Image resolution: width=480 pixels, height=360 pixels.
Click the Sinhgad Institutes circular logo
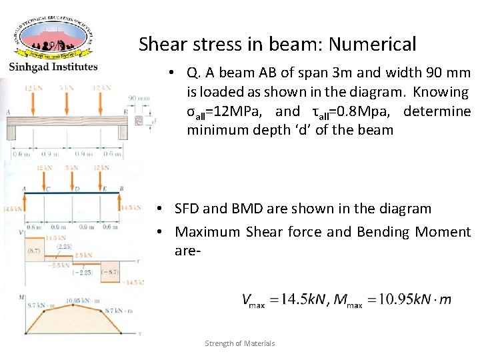point(53,37)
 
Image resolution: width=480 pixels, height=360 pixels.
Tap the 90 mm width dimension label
point(139,98)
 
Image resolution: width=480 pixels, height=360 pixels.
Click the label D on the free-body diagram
point(76,189)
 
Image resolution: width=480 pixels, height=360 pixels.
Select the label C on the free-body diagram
point(47,189)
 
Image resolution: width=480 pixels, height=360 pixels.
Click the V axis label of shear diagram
point(23,232)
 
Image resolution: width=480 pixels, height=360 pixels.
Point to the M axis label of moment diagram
point(22,296)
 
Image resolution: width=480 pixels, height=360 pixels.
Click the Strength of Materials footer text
point(240,343)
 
